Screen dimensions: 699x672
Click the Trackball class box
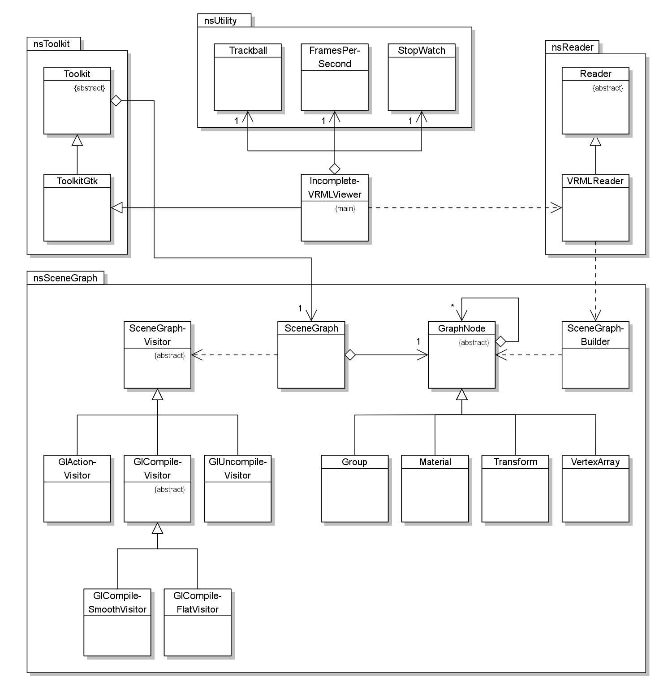click(248, 77)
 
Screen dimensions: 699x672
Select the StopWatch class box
click(422, 77)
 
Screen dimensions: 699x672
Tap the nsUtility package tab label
click(220, 21)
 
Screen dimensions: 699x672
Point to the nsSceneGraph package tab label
click(65, 278)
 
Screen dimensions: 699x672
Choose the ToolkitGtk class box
click(77, 208)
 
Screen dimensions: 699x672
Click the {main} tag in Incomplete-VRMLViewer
click(345, 208)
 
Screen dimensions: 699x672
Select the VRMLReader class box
click(595, 208)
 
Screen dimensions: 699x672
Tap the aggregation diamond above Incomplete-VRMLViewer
click(335, 169)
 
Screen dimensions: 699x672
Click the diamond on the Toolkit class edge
click(116, 101)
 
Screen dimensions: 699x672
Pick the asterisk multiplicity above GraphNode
click(452, 306)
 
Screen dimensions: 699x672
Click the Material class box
click(435, 488)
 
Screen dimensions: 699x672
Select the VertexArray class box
click(595, 488)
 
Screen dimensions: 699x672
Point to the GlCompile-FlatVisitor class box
click(198, 622)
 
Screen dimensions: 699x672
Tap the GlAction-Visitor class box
click(77, 488)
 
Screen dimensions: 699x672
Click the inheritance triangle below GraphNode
click(462, 394)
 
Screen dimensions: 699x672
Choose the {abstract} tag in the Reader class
click(607, 88)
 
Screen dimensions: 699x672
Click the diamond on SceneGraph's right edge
click(350, 355)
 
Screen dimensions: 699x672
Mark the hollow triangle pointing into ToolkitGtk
click(116, 207)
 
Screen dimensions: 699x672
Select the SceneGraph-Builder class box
click(595, 354)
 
